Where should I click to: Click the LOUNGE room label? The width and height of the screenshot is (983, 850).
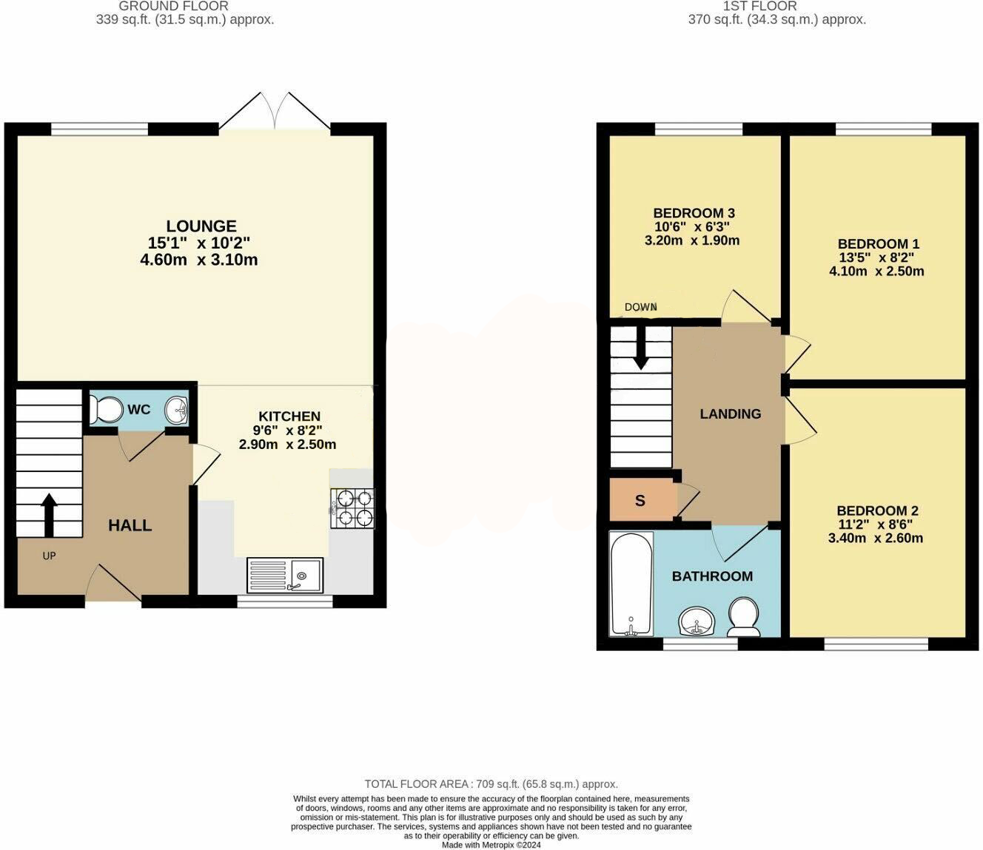201,226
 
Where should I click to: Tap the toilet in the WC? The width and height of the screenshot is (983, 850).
106,409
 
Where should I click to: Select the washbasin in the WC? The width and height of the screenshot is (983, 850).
178,409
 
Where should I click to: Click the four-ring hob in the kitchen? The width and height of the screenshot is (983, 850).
352,508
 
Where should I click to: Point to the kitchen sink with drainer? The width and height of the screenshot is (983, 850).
285,576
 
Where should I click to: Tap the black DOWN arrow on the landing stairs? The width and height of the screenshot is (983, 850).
640,348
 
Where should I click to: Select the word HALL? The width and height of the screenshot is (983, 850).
130,525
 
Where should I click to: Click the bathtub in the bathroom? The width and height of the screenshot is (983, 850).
631,584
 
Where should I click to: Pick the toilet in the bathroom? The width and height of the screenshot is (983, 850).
745,616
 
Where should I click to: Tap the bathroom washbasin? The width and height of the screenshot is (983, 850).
697,622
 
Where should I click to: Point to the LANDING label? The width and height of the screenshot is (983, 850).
731,414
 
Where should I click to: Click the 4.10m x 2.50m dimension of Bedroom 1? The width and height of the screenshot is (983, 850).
876,271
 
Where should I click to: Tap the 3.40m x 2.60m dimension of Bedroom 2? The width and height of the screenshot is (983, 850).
876,538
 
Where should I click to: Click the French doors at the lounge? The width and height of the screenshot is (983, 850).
275,111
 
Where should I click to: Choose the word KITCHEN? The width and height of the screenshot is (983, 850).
289,416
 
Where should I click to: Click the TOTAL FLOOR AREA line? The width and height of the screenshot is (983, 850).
491,784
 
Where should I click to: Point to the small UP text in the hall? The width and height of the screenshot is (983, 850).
49,556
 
